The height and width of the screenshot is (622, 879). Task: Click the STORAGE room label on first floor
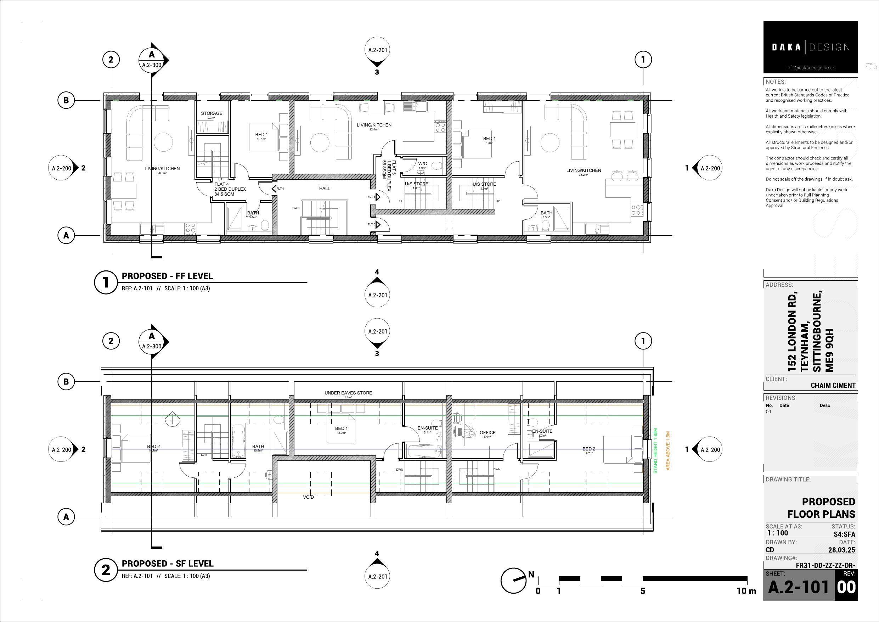211,113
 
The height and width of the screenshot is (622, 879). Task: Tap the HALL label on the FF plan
324,189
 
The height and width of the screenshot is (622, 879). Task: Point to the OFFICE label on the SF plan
488,432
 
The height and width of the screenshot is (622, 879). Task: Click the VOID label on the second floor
308,497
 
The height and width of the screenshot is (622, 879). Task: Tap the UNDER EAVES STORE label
348,393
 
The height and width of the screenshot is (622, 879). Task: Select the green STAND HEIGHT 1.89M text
655,450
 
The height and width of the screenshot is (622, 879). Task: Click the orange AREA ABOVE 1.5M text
668,450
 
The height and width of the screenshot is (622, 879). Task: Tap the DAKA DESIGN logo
810,47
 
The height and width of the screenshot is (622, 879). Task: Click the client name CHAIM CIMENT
833,386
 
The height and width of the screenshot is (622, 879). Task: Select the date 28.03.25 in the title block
841,550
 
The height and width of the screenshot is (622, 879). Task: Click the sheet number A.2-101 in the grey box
798,587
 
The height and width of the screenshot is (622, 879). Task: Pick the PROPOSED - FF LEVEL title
167,276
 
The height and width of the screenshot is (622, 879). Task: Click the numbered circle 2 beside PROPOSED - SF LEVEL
106,570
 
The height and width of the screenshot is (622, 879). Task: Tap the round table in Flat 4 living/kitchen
163,142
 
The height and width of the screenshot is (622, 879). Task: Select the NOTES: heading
775,82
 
